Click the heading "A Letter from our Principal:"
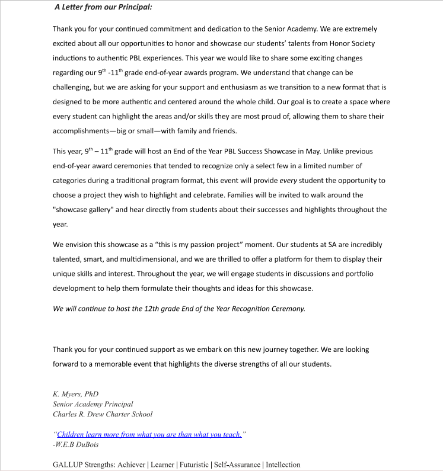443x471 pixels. (x=103, y=8)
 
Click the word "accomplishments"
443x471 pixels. (x=87, y=132)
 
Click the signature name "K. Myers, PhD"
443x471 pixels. (x=75, y=394)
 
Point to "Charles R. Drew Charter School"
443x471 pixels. (x=102, y=414)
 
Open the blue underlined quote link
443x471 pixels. (x=149, y=434)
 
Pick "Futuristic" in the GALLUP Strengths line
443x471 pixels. (x=193, y=464)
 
